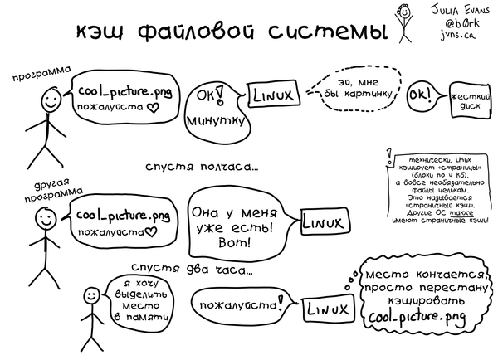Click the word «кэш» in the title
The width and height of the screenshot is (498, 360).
point(100,32)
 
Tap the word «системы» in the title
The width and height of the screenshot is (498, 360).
point(328,32)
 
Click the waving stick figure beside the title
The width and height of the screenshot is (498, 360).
point(403,23)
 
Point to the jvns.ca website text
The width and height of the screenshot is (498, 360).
point(457,35)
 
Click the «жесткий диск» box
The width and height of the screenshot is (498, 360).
point(471,100)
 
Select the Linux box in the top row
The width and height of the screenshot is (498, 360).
point(273,94)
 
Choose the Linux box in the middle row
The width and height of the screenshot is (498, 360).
point(325,221)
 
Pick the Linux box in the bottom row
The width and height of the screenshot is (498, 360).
point(328,309)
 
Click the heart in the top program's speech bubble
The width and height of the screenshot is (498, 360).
point(154,109)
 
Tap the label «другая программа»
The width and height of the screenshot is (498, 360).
point(53,191)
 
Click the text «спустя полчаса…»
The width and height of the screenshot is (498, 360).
point(202,167)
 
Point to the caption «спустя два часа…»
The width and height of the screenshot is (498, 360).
point(193,270)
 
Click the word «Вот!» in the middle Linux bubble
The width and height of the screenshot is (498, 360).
point(234,243)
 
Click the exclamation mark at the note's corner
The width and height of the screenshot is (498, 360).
point(388,157)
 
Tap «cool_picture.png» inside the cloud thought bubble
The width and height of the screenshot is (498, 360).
point(417,317)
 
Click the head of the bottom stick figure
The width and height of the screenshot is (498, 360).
point(92,295)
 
